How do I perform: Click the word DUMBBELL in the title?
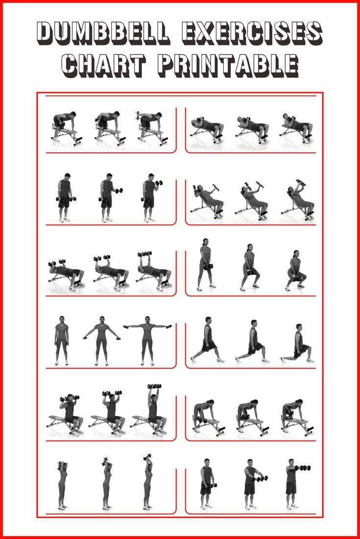tap(103, 33)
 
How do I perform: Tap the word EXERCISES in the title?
tap(251, 33)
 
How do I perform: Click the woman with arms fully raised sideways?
tap(147, 341)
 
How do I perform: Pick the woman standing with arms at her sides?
tap(62, 341)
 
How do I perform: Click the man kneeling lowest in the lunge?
tap(297, 343)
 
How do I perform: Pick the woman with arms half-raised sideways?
tap(102, 341)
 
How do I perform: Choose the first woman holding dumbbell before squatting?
tap(205, 265)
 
